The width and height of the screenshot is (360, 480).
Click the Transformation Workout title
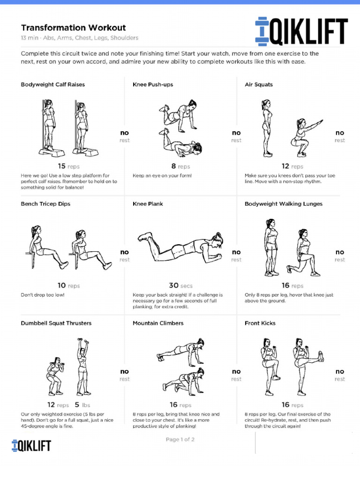73,28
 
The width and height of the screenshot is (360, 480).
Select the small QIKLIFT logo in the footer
31,445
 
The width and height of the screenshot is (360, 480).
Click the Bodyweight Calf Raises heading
53,85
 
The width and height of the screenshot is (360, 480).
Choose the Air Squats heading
258,85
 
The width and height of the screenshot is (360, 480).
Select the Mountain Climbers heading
158,323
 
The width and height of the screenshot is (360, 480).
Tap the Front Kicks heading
260,323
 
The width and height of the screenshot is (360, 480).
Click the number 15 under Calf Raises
62,166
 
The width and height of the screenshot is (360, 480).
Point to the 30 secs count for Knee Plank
180,285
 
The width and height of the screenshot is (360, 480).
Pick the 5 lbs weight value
82,405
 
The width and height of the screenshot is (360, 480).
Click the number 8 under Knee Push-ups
174,166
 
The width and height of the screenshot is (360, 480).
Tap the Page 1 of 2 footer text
180,440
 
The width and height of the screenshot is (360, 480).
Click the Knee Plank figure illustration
180,246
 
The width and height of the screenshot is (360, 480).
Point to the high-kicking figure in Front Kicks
305,361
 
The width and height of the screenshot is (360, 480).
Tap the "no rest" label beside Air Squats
339,136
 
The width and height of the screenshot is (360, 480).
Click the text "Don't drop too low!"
43,295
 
